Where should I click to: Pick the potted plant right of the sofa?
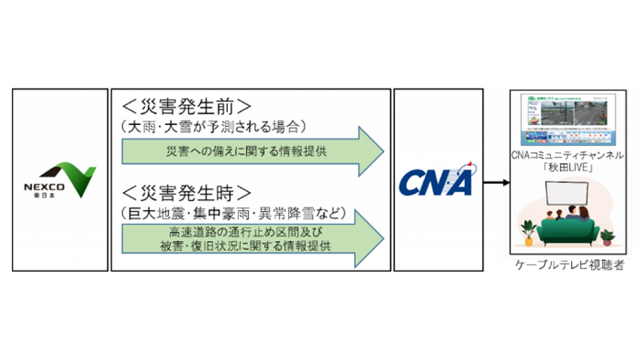(607, 234)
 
